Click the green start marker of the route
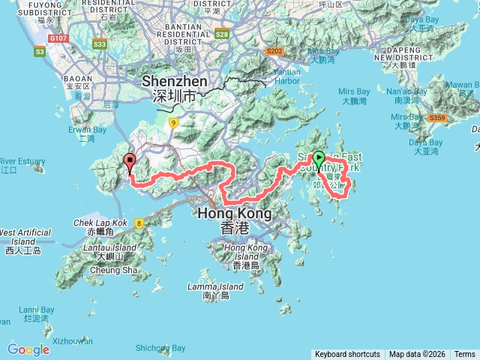coord(319,159)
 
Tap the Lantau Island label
coord(115,247)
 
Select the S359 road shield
coord(436,118)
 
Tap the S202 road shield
coord(275,52)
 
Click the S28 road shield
coord(221,34)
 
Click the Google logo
coord(28,349)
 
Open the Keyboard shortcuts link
coord(347,354)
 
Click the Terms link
coord(464,354)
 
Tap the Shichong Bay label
coord(160,348)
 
